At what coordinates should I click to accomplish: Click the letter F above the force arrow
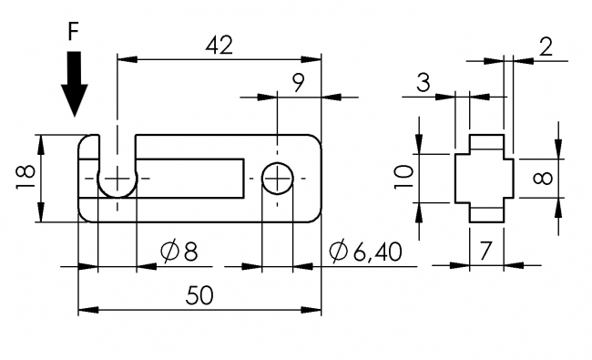coord(73,32)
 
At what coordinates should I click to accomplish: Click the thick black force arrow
coord(75,84)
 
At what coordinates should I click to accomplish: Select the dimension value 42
coord(219,46)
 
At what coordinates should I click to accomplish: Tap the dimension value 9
coord(298,83)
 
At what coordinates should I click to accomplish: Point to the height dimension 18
coord(26,177)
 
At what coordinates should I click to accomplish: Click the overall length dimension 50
coord(199,295)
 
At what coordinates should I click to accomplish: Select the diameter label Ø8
coord(179,252)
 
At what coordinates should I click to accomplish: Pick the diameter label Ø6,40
coord(365,252)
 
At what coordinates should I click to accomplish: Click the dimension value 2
coord(546,46)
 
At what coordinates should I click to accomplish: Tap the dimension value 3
coord(424,83)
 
